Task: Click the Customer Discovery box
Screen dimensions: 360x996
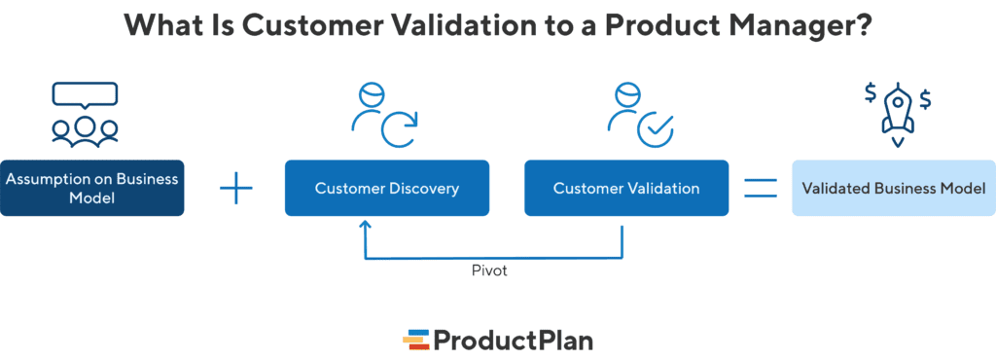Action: pos(386,188)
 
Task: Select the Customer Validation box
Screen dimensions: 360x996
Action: pos(625,188)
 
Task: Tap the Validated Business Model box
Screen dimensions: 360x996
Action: pos(893,188)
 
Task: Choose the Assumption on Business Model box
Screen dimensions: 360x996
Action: pos(91,188)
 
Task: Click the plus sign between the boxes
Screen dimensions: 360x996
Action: pos(235,188)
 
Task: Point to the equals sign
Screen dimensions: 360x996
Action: pos(761,188)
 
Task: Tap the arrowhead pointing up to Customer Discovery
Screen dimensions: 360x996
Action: pos(366,226)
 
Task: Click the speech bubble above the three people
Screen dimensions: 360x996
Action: pos(85,95)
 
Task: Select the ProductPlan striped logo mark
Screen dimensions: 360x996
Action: pos(416,340)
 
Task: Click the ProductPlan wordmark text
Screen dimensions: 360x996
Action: pos(513,340)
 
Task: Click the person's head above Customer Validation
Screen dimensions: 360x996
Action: pos(626,97)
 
